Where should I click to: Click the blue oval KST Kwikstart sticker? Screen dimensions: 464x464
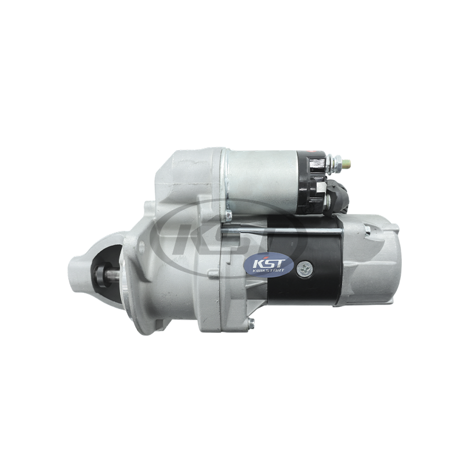(x=268, y=264)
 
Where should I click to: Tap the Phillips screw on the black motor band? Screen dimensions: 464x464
(x=303, y=269)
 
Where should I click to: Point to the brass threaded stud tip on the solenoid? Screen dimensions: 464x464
(x=347, y=162)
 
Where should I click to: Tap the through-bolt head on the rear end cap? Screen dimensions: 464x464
(x=368, y=230)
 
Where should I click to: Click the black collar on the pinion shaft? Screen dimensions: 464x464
(x=102, y=274)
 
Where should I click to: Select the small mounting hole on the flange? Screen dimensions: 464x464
(x=142, y=244)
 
